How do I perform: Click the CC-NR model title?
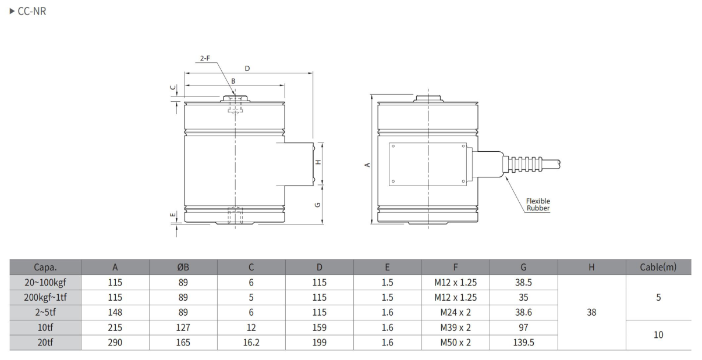point(31,11)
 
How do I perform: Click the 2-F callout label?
point(205,58)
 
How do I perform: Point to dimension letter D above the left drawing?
point(247,69)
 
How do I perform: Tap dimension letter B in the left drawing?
point(233,81)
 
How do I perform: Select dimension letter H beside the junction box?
point(318,162)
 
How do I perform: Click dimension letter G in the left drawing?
point(317,205)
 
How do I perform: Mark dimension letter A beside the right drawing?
point(367,165)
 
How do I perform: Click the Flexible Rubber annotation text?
point(538,204)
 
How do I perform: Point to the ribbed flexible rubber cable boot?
point(522,165)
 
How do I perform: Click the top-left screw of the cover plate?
point(393,146)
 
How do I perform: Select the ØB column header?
point(183,267)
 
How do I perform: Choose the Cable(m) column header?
point(658,267)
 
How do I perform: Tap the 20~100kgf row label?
point(45,283)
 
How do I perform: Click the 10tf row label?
point(45,327)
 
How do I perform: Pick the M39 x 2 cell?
point(455,327)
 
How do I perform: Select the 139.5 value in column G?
point(523,343)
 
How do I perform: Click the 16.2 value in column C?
point(251,343)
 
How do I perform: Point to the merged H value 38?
point(591,312)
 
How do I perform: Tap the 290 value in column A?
point(115,343)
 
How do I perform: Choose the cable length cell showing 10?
point(658,335)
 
